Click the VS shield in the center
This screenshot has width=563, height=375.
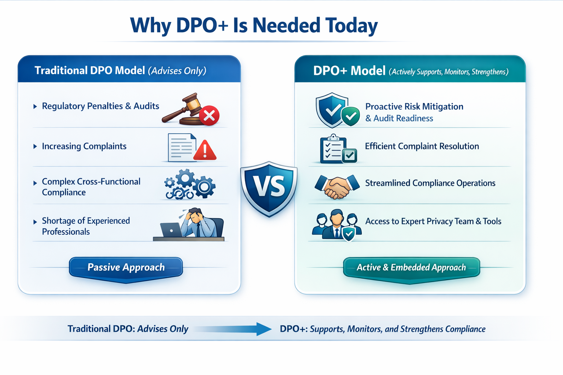pyautogui.click(x=269, y=188)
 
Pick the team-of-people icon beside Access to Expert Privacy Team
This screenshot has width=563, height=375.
pyautogui.click(x=336, y=224)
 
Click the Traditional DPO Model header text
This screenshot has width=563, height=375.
pyautogui.click(x=90, y=70)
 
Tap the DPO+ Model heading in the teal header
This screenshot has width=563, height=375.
pyautogui.click(x=349, y=71)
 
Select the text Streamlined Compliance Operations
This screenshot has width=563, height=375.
pyautogui.click(x=430, y=183)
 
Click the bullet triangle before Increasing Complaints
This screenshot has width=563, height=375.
pyautogui.click(x=35, y=146)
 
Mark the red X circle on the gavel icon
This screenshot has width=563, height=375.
pyautogui.click(x=210, y=116)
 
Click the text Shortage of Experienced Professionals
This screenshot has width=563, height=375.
pyautogui.click(x=86, y=226)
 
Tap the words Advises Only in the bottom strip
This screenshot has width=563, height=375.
pyautogui.click(x=163, y=329)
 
